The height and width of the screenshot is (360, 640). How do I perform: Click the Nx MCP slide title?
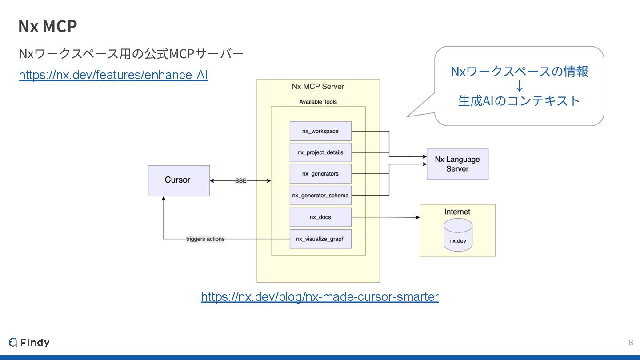(x=48, y=26)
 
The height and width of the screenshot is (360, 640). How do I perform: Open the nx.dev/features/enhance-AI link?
(x=113, y=75)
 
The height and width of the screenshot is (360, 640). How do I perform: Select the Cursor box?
(x=179, y=180)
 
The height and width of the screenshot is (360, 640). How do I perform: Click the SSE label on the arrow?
(x=240, y=180)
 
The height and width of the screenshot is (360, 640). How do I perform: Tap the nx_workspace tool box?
(x=320, y=131)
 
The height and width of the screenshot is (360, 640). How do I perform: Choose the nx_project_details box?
(x=320, y=152)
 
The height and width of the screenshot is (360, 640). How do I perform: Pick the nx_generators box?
(x=320, y=174)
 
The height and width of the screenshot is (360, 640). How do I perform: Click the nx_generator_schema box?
(x=320, y=196)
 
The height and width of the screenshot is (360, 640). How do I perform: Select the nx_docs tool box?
(x=320, y=217)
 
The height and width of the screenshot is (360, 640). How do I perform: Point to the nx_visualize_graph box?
(x=320, y=239)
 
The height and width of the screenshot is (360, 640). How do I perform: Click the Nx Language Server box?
(x=457, y=164)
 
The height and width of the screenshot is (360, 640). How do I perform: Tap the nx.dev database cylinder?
(x=458, y=235)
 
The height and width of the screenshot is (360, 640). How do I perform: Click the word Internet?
(x=457, y=212)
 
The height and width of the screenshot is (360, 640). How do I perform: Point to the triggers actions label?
(x=205, y=239)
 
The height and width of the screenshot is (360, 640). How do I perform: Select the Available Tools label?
(x=318, y=102)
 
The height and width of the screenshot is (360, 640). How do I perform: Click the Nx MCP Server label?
(x=318, y=86)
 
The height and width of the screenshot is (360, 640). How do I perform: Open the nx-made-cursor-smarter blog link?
(x=320, y=297)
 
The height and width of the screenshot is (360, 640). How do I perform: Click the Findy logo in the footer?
(x=29, y=342)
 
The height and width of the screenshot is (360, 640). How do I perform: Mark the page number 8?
(x=631, y=343)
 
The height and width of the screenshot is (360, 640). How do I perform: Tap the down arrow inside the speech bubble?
(x=520, y=86)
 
